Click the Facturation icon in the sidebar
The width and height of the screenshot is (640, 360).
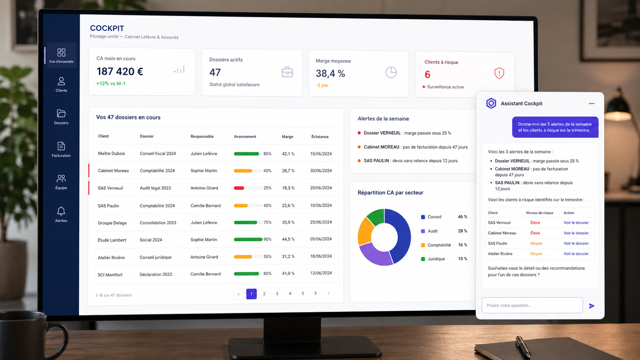[61, 146]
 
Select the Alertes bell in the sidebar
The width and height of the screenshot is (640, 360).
[61, 211]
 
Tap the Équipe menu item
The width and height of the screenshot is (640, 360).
[61, 182]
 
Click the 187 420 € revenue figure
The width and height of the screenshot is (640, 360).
[120, 72]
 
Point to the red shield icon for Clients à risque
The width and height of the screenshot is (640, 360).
[499, 73]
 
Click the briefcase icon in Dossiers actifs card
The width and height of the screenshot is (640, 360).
[287, 72]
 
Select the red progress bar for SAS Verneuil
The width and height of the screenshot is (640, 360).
[239, 188]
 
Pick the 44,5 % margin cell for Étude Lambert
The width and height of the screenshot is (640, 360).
[288, 239]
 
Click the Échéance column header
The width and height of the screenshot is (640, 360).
[320, 137]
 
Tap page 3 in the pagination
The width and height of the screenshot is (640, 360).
[277, 293]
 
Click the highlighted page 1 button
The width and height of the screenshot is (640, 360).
[251, 294]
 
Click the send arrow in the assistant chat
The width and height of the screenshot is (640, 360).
[592, 306]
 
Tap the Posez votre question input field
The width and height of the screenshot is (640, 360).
[532, 305]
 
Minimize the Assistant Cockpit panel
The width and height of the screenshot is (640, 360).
[591, 104]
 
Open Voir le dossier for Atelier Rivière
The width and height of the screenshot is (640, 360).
[576, 254]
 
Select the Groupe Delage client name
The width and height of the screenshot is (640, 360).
[112, 223]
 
